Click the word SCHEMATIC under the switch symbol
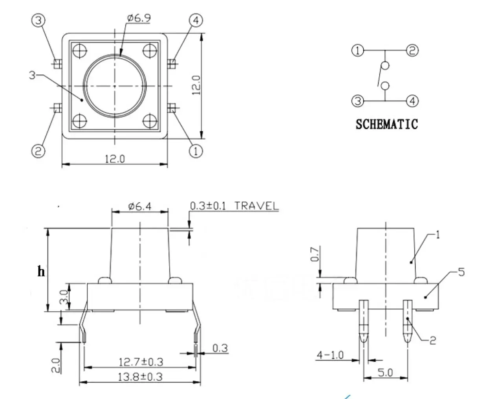click(x=386, y=124)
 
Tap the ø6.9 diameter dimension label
click(x=139, y=18)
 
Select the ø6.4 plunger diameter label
click(x=140, y=206)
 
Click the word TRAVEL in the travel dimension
click(x=256, y=206)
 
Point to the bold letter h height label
click(x=41, y=271)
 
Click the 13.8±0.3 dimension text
click(x=140, y=377)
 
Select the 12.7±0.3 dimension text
click(x=141, y=362)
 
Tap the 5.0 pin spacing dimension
click(x=385, y=372)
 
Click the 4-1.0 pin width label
click(x=330, y=355)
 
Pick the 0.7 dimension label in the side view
click(x=315, y=254)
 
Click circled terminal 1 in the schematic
click(x=358, y=50)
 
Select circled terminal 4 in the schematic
click(x=412, y=101)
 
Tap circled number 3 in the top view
click(x=38, y=20)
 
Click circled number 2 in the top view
click(x=38, y=151)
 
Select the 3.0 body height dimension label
click(x=64, y=297)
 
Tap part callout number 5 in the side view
click(x=461, y=272)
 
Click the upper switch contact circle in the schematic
click(x=385, y=66)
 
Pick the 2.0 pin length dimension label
click(x=56, y=365)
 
